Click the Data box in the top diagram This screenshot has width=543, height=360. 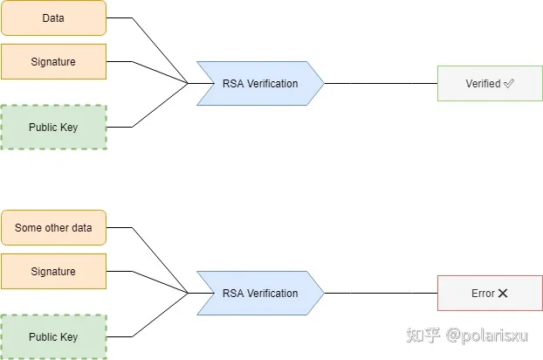[x=53, y=18]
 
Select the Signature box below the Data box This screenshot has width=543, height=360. [x=53, y=62]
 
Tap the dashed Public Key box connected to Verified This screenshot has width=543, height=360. [x=53, y=128]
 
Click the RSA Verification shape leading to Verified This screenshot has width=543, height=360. [x=260, y=84]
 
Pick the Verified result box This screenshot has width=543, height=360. [x=490, y=84]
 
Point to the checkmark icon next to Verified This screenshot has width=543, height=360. [x=509, y=84]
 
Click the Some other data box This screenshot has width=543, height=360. [x=53, y=228]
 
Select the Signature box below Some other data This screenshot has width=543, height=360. [x=53, y=271]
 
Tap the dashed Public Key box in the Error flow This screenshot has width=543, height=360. [x=53, y=336]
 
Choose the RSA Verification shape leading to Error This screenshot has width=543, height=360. [x=260, y=293]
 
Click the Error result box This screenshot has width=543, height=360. [x=490, y=293]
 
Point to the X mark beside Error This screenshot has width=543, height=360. [x=503, y=294]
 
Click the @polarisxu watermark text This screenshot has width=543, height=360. [x=487, y=336]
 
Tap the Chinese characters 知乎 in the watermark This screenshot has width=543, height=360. [x=423, y=335]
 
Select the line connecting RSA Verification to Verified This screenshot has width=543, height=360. [x=381, y=84]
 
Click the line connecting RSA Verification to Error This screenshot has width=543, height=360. [x=381, y=293]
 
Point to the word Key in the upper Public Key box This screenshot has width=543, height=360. [x=69, y=128]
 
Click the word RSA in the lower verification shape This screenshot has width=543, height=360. [x=233, y=293]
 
